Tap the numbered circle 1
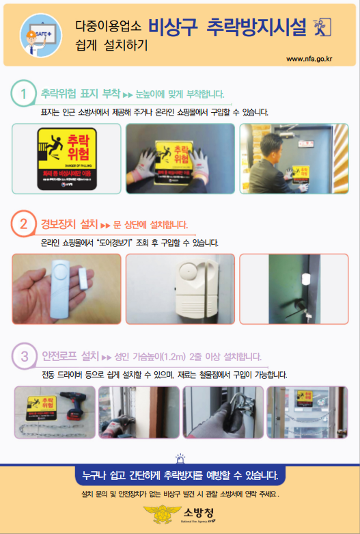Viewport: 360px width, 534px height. pos(24,94)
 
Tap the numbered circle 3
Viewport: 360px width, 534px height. pos(24,356)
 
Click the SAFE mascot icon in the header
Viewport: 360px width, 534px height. pos(38,34)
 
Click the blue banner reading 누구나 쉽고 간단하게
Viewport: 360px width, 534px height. pos(179,475)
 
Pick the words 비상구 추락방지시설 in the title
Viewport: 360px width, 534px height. pos(236,27)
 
